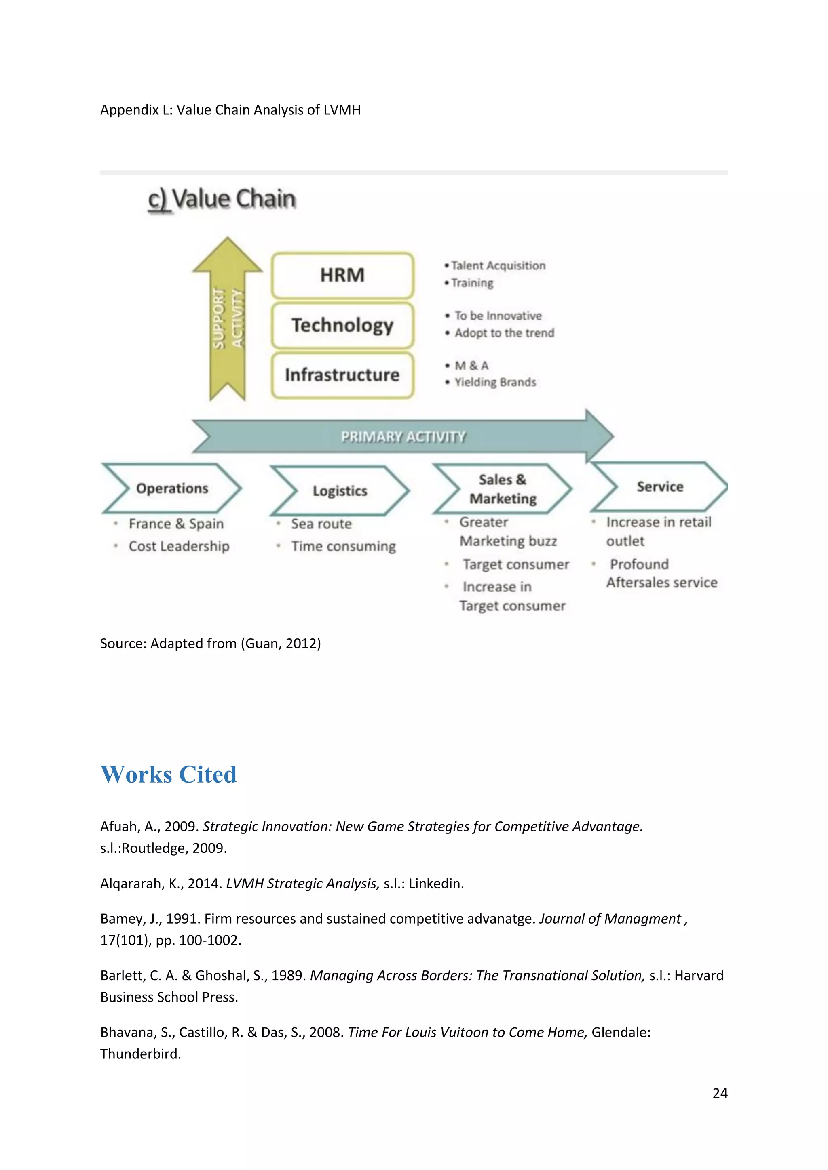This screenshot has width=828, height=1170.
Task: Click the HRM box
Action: pos(342,275)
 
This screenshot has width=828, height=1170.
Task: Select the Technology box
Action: pos(342,325)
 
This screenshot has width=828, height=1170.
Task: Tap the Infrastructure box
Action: pos(342,375)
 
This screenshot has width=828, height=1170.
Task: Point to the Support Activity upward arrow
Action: pos(227,318)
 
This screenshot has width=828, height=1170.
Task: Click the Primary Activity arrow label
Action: pos(403,437)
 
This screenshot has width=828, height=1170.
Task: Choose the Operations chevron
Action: pos(172,488)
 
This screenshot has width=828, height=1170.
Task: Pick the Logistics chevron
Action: pos(340,491)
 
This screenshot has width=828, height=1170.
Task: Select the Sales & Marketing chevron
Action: pos(503,489)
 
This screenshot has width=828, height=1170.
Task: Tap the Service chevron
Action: pos(660,487)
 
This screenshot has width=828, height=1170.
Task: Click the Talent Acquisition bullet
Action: pos(498,265)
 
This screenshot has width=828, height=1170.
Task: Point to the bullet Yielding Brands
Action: pos(495,382)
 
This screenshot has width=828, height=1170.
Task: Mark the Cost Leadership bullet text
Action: pos(179,546)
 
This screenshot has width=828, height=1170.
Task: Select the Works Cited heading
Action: pos(168,774)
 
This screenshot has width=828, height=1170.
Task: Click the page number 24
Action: pos(719,1093)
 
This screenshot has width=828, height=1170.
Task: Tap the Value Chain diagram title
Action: pos(222,199)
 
